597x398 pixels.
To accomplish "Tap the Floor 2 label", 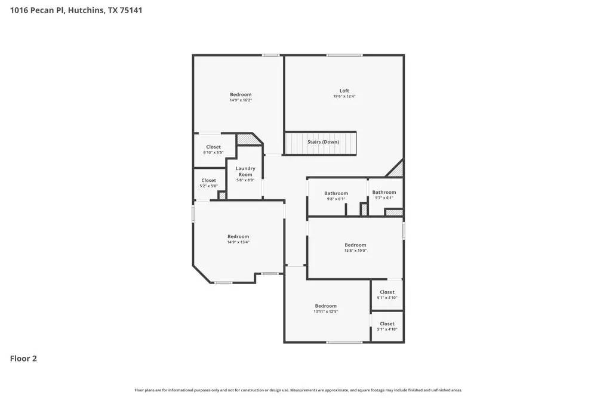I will coord(23,359).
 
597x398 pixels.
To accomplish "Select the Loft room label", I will coord(344,91).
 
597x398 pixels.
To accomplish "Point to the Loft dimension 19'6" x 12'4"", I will coord(344,97).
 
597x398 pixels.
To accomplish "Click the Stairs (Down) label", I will coord(323,142).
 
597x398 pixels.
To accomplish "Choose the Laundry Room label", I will coord(245,171).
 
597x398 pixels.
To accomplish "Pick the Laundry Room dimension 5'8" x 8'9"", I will coord(245,180).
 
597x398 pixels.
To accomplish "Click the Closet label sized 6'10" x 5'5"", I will coord(213,147).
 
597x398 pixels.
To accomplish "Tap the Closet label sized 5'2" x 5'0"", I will coord(208,180).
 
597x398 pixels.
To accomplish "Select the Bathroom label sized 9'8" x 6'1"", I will coord(336,193).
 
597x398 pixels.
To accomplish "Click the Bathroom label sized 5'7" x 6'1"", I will coord(384,192).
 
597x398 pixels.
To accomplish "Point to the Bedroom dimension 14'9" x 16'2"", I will coord(241,100).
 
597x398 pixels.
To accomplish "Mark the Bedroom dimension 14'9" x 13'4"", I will coord(238,242).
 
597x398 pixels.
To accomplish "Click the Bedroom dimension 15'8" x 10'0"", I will coord(355,251).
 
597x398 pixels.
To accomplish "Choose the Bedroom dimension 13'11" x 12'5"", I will coord(326,311).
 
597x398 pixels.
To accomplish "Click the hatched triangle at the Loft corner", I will coord(397,171).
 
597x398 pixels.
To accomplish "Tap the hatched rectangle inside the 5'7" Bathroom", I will coord(393,212).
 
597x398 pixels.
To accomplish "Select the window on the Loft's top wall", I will coord(344,55).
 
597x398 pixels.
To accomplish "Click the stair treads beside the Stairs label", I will coord(296,143).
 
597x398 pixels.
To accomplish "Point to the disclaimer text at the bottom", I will coord(298,390).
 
